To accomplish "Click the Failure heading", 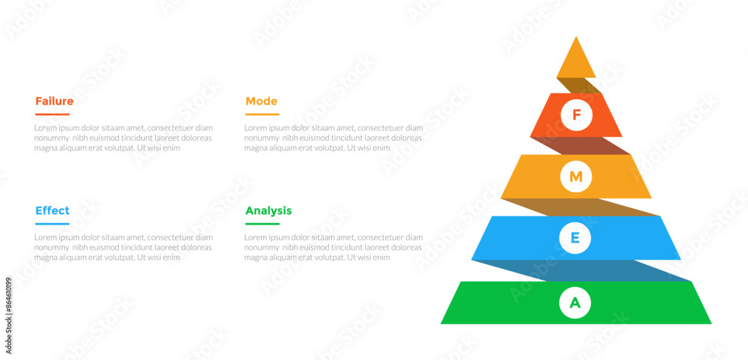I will coord(54,101).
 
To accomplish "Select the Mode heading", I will coord(261,101).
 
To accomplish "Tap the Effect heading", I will coord(52,210).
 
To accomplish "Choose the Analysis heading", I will coord(269,210).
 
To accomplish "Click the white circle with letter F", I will coord(576,115).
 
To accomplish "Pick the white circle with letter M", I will coord(576,177).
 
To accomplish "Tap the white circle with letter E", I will coord(576,238).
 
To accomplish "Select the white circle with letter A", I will coord(576,302).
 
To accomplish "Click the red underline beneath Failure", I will coord(52,115).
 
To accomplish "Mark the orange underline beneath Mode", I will coord(262,115).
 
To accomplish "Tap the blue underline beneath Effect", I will coord(52,224).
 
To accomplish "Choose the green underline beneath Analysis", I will coord(262,224).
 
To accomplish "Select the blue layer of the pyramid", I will coord(636,238).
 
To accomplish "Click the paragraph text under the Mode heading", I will coord(333,138).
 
